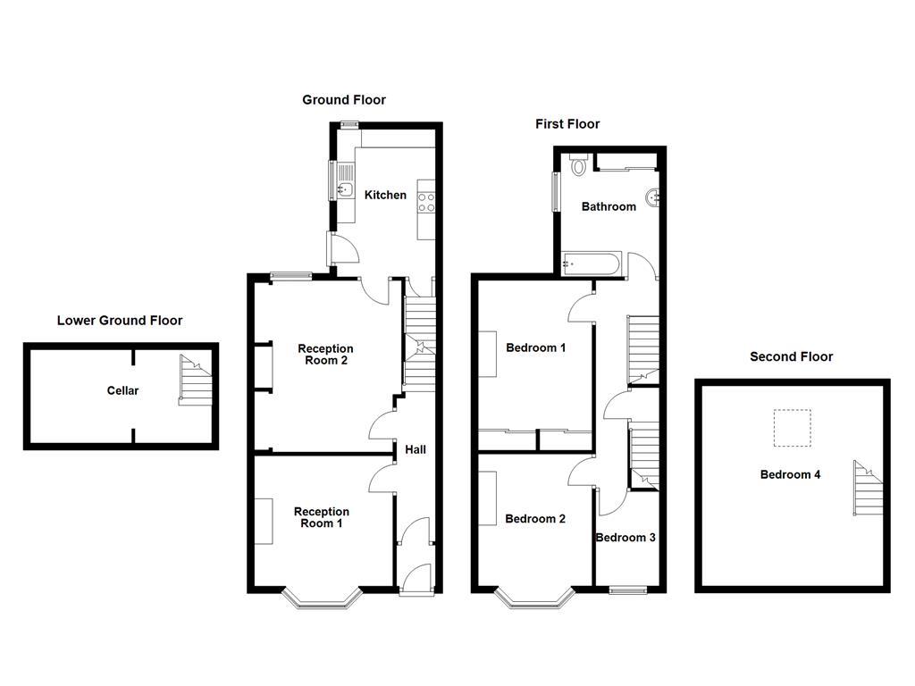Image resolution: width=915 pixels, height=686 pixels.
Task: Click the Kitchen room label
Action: (385, 195)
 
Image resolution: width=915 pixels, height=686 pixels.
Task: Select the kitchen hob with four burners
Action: (425, 202)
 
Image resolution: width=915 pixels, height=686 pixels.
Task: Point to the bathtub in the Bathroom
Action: (592, 264)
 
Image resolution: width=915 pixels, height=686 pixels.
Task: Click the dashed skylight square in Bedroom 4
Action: (792, 428)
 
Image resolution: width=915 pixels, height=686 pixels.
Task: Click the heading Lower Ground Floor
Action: (120, 320)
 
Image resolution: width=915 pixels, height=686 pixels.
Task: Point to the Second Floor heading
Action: (791, 356)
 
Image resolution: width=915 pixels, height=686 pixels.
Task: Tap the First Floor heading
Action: (567, 124)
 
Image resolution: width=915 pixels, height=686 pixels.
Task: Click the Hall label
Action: (416, 449)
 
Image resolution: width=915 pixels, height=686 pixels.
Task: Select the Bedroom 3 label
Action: (625, 538)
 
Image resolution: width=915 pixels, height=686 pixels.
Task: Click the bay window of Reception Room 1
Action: (322, 601)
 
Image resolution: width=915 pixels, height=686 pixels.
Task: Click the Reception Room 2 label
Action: (325, 355)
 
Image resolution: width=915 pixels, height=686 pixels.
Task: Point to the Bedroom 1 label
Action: (535, 347)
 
